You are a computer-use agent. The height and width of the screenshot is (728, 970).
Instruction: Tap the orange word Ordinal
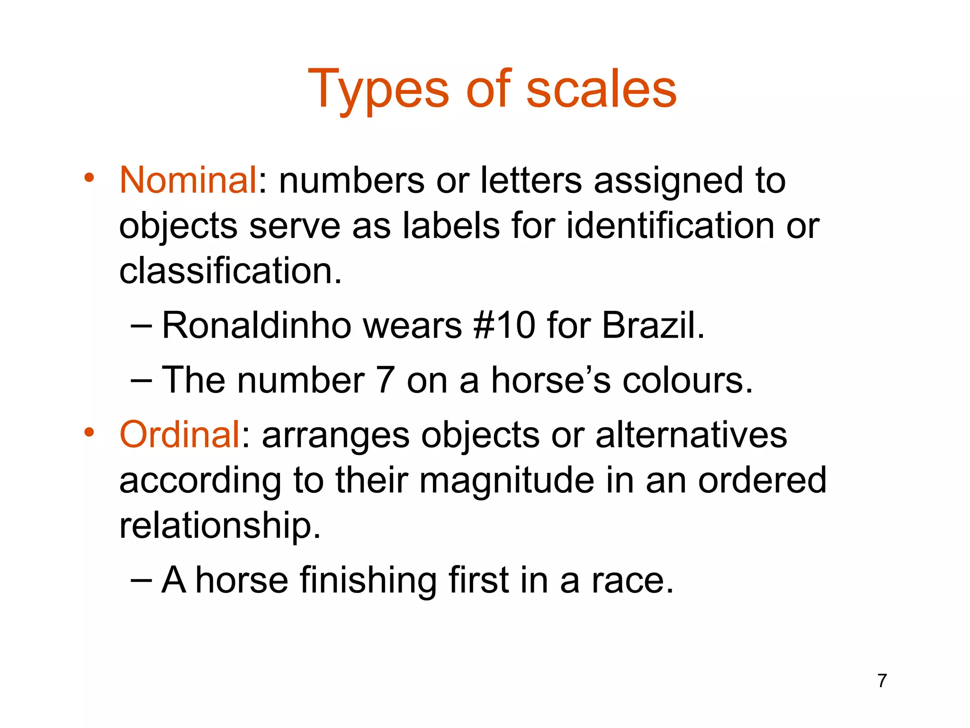(180, 435)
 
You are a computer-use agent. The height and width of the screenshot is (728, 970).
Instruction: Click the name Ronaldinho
(256, 326)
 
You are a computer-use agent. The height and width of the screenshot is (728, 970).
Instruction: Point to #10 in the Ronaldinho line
(504, 326)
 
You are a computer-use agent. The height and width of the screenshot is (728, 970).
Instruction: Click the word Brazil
(653, 326)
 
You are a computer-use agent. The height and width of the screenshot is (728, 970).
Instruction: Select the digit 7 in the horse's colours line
(386, 380)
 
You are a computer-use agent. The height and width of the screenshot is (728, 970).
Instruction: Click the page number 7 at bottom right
(882, 681)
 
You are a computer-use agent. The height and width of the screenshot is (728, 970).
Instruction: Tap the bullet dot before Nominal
(89, 179)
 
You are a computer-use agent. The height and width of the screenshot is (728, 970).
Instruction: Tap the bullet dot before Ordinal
(89, 433)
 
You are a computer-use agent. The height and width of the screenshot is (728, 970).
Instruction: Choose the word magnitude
(506, 480)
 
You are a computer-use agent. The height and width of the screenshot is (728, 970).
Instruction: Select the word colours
(687, 380)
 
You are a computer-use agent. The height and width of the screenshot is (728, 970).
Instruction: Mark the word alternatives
(691, 435)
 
